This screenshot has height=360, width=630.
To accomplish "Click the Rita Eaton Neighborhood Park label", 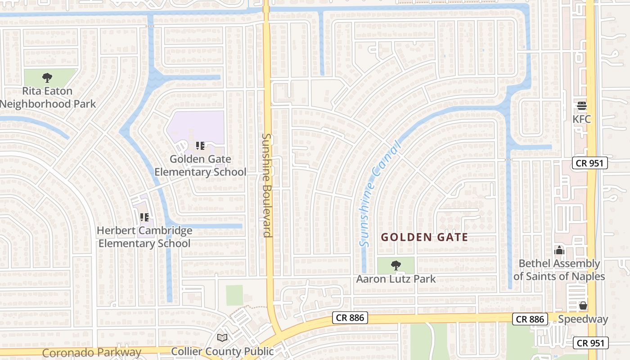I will point(47,97).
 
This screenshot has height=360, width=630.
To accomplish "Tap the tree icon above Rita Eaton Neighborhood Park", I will point(47,78).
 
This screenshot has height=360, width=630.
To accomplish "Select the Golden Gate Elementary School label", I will point(200,166).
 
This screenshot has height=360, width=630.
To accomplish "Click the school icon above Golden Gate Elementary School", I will point(200,146).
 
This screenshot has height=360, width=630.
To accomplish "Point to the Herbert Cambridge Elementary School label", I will point(144,237).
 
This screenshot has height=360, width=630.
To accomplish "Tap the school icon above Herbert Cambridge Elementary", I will point(144,218).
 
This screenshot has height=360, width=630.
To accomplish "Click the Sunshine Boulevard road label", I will point(267,185).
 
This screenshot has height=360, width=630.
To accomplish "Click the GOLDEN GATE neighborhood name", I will point(424,237).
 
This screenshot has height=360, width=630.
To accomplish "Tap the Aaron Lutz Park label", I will point(396,279).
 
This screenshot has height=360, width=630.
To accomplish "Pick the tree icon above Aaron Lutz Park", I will point(396,265).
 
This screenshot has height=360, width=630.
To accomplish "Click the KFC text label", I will point(581,120).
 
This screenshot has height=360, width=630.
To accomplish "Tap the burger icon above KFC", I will point(582,106).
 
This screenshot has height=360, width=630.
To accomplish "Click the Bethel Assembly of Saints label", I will point(559,270).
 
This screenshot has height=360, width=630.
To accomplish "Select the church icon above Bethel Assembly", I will point(559,250).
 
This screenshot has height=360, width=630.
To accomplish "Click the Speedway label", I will point(583,319).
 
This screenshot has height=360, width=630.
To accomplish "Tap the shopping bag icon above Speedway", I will point(583,306).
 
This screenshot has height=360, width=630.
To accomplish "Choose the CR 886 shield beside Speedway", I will point(530,319).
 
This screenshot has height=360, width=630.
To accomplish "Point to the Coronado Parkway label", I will point(92,352).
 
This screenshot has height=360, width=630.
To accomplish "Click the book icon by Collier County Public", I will point(222,337).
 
